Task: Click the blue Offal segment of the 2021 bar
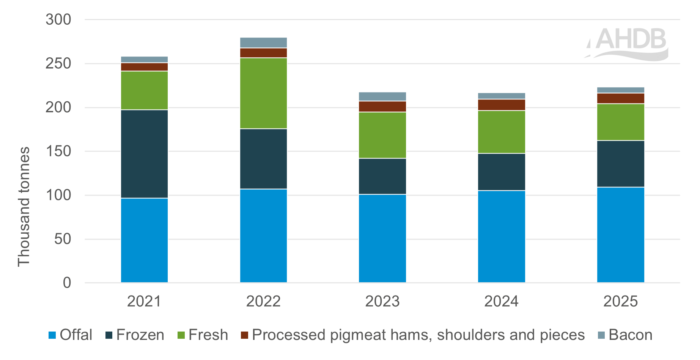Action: (x=144, y=240)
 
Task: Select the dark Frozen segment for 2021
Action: (x=144, y=154)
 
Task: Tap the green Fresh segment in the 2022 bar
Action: (x=263, y=93)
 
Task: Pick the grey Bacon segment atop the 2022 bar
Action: (x=263, y=42)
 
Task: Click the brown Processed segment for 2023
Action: (x=382, y=106)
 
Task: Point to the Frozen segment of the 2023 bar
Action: (x=382, y=176)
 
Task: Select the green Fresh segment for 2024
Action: (x=501, y=132)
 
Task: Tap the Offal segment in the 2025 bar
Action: (x=620, y=235)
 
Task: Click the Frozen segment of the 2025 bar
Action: (x=620, y=163)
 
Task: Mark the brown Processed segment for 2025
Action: (x=620, y=98)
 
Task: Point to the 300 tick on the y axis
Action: (x=58, y=19)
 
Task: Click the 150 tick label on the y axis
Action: (x=58, y=151)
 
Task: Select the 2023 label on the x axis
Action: (x=382, y=301)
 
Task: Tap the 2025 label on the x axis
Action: (x=620, y=301)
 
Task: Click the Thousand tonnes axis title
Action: (x=24, y=207)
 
